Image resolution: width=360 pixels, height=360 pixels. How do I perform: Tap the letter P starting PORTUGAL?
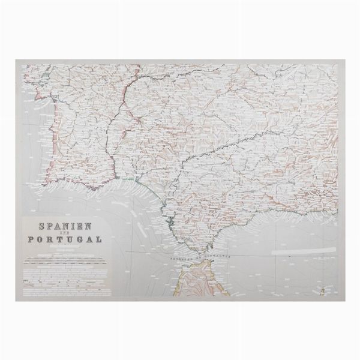click(29, 239)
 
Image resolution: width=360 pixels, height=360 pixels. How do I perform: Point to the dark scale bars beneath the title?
click(60, 262)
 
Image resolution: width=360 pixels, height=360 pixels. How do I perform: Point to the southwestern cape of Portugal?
click(40, 181)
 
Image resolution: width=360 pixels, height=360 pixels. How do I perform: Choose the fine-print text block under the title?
click(60, 273)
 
